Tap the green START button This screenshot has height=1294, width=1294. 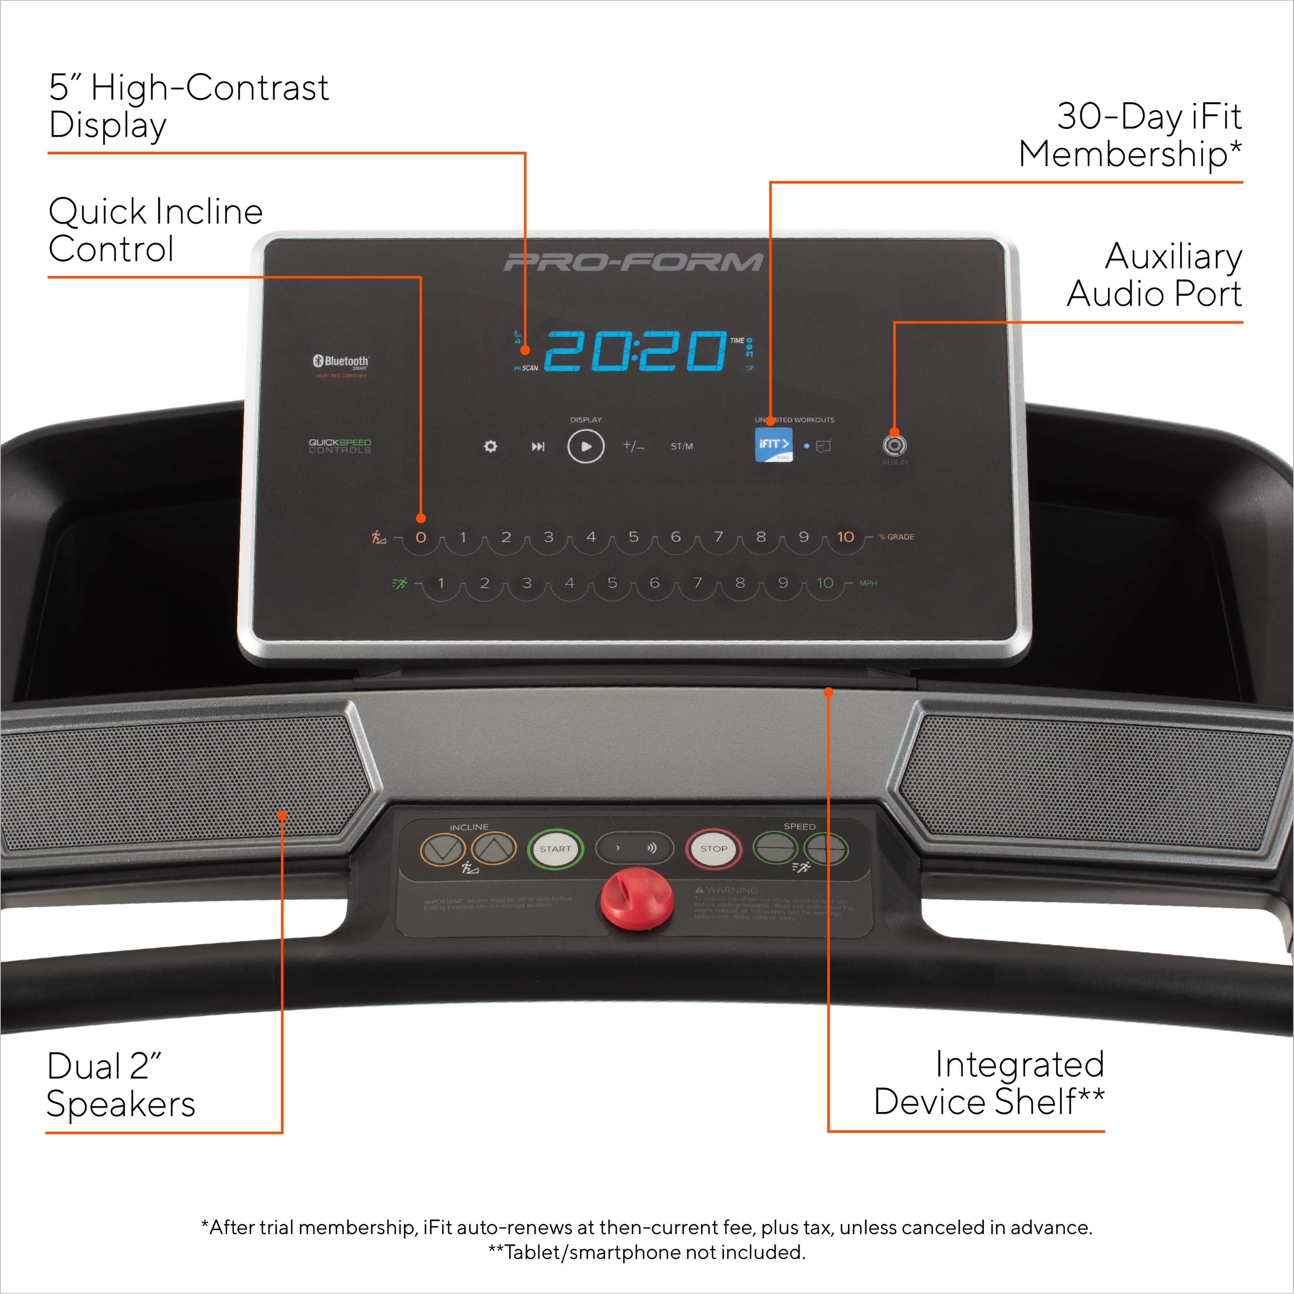pos(555,848)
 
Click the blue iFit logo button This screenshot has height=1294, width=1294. pos(773,445)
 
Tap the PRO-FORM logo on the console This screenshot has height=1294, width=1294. pos(633,262)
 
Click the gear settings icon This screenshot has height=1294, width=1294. pos(490,446)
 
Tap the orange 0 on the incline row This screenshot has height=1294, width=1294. pos(421,537)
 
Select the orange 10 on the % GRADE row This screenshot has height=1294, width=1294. pos(845,537)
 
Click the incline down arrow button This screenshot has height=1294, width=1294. pos(443,849)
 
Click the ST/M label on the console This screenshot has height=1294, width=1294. pos(682,446)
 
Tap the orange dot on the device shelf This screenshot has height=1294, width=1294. pos(829,692)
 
